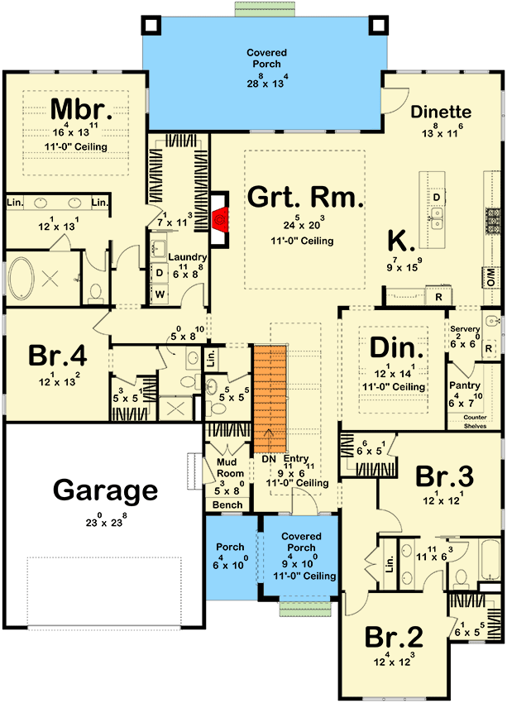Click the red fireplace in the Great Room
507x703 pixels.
pos(219,220)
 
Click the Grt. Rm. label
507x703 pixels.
pos(306,198)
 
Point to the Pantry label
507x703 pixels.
pos(463,386)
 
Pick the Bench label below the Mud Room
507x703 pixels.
pos(227,505)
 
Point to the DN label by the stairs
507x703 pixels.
pos(267,459)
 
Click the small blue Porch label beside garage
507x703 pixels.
pos(230,548)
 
